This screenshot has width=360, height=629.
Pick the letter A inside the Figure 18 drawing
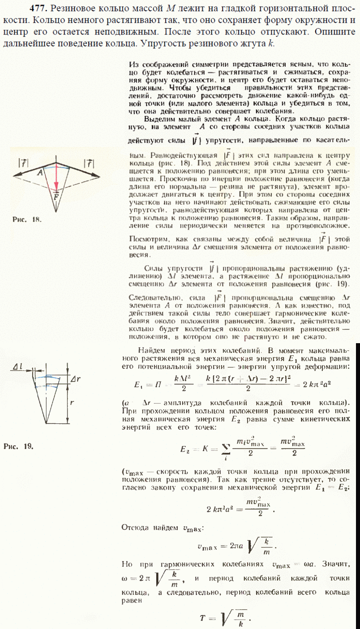[x=40, y=172]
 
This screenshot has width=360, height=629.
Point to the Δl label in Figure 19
[x=18, y=367]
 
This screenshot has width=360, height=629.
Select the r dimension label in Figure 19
[x=72, y=402]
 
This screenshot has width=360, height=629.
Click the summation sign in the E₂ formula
[x=227, y=447]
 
